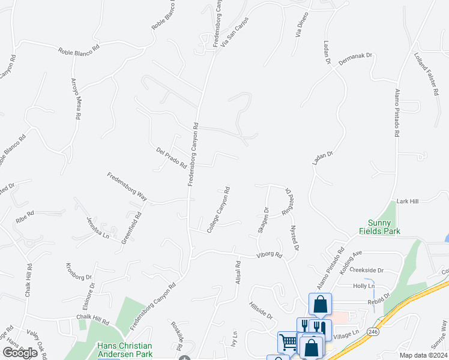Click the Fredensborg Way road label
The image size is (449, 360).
tap(127, 186)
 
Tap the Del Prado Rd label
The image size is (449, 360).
tap(171, 157)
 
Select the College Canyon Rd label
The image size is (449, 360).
tap(219, 209)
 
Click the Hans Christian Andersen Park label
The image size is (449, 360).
tap(125, 350)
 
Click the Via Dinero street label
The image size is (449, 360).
tap(302, 24)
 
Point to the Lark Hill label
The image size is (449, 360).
tap(406, 201)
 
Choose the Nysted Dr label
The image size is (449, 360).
tap(294, 238)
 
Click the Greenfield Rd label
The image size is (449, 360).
tap(131, 227)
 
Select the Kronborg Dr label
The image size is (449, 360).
tap(79, 271)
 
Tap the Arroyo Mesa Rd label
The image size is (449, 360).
tap(76, 99)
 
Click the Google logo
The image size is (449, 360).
tap(20, 353)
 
